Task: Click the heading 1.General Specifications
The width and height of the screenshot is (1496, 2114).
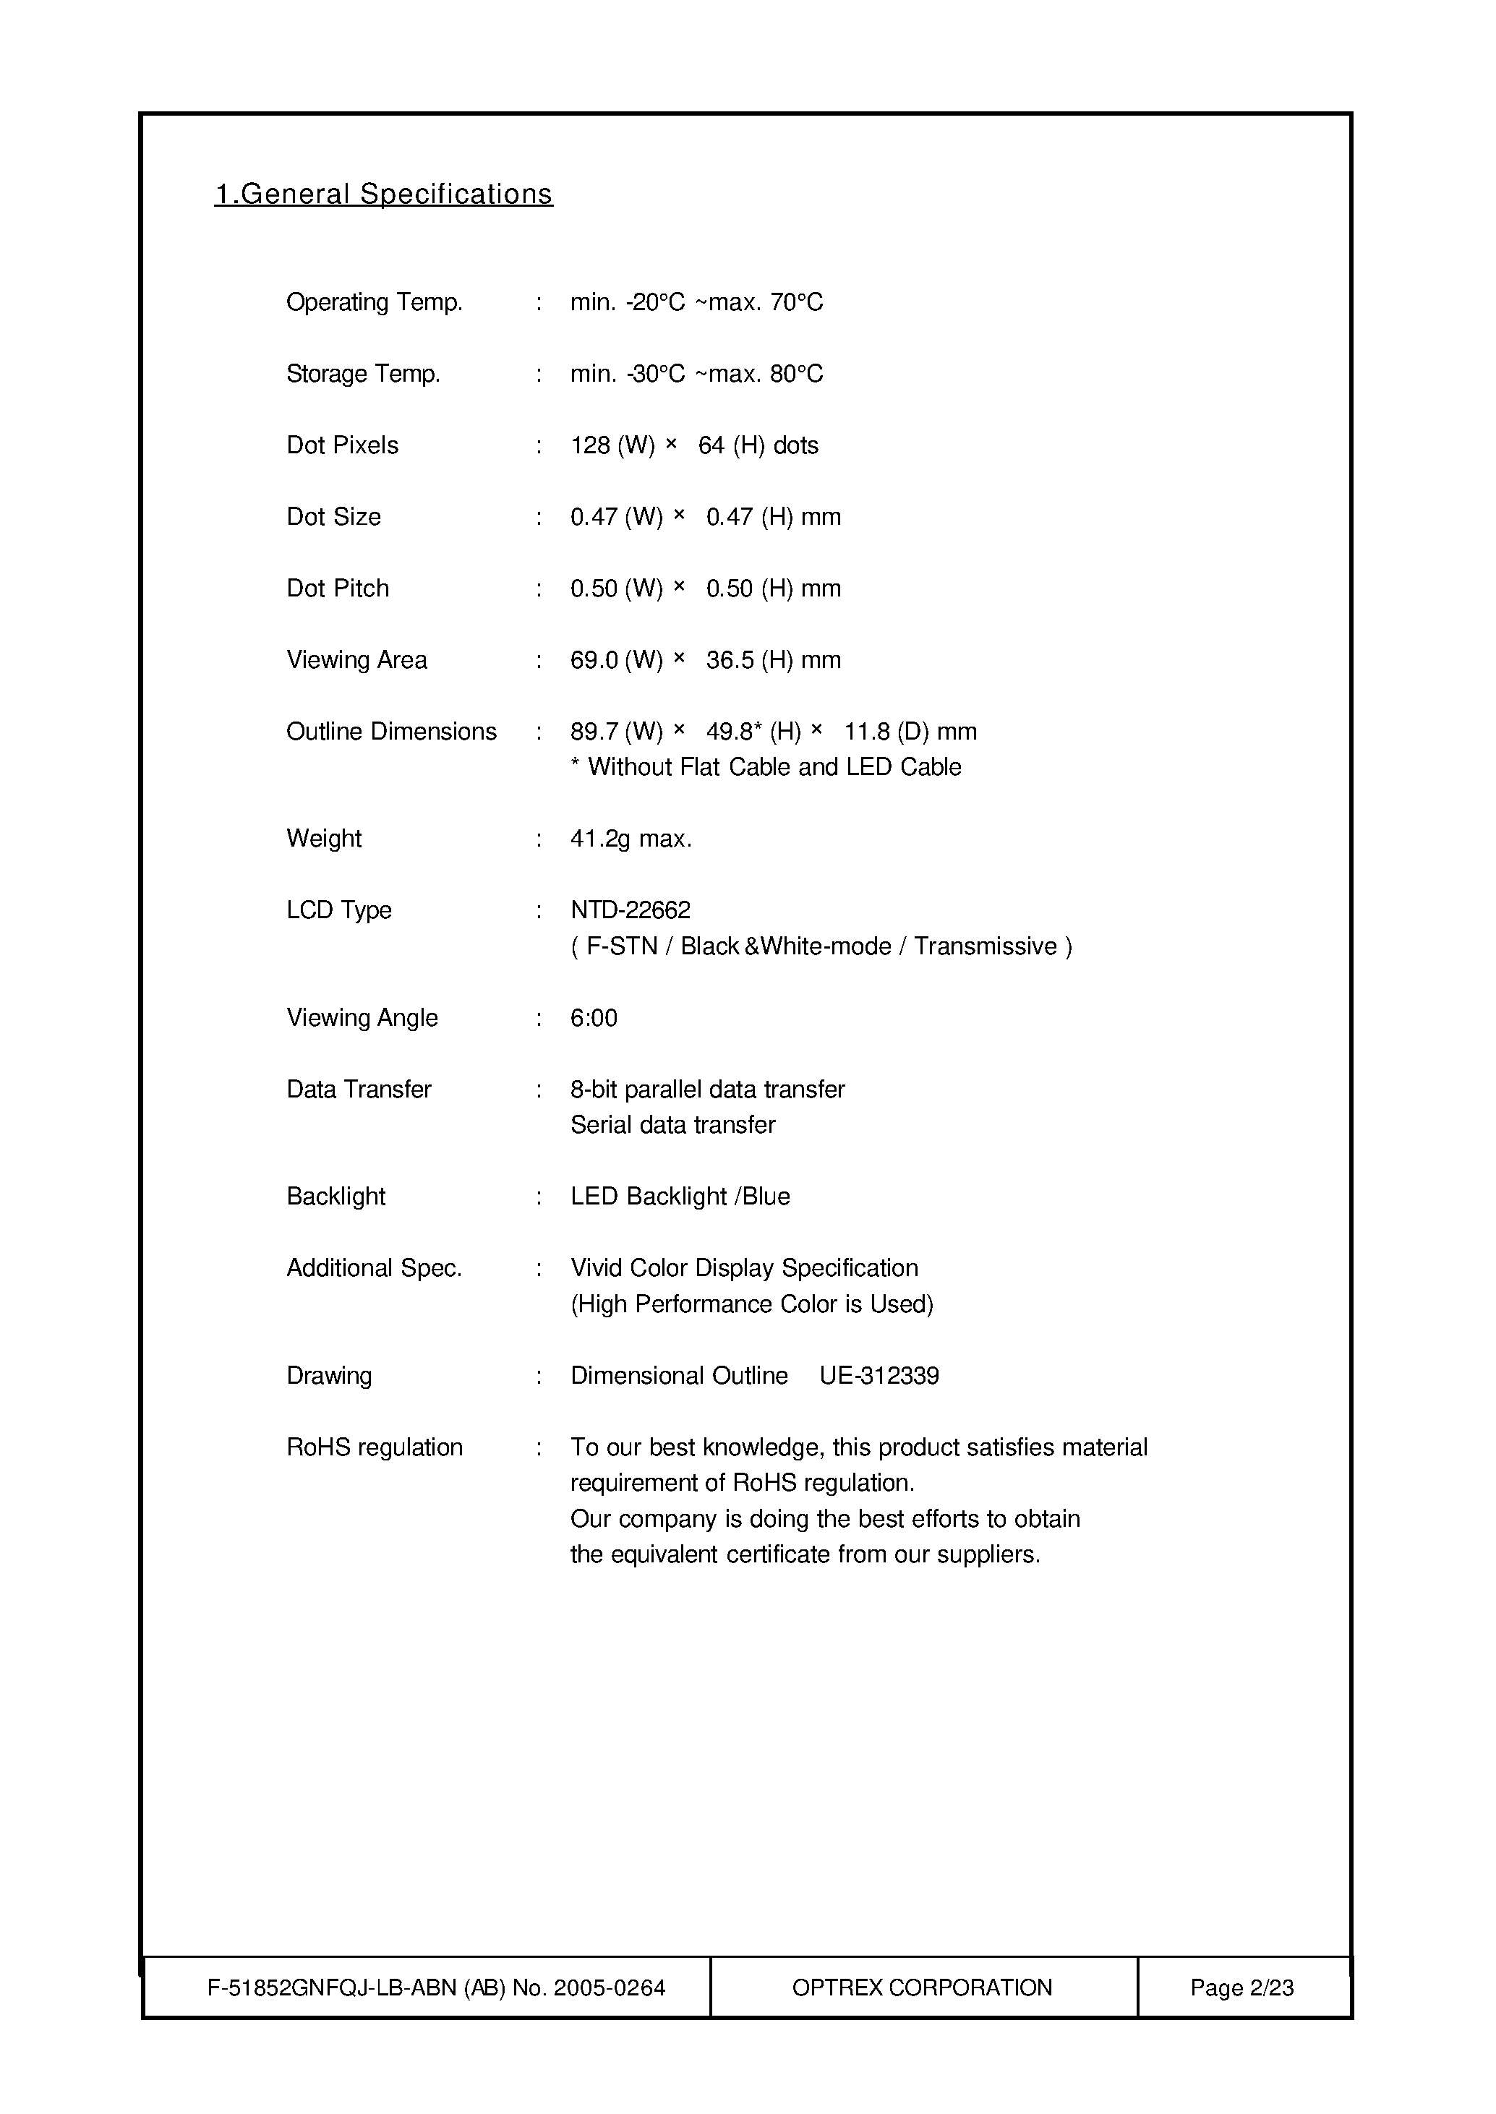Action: coord(383,194)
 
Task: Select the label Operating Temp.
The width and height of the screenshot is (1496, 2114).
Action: coord(374,302)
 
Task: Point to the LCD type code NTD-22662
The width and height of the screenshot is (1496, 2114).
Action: coord(630,910)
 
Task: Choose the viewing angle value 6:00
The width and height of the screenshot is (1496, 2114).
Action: coord(594,1018)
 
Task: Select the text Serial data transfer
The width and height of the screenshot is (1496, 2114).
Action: coord(672,1125)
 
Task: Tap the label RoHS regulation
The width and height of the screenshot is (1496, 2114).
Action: coord(374,1447)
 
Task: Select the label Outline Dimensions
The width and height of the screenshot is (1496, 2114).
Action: coord(391,732)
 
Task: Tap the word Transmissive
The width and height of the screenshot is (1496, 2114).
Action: coord(985,947)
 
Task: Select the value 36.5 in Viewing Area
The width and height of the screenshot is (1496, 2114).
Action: coord(730,661)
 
